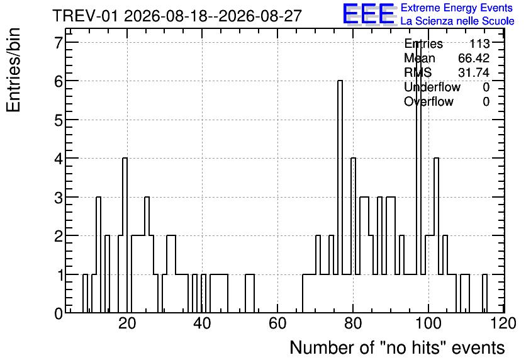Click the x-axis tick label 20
point(127,323)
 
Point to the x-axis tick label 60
point(277,323)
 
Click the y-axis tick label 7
point(59,42)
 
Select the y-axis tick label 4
point(59,159)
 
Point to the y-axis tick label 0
point(59,313)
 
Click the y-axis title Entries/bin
point(14,70)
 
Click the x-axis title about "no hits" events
point(397,347)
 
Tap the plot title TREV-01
point(85,16)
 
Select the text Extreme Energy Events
point(457,8)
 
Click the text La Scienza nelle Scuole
point(457,21)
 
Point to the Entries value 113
point(479,43)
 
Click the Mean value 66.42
point(474,58)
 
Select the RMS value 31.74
point(474,72)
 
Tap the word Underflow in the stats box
point(432,87)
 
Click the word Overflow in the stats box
point(428,101)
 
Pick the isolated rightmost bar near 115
point(484,293)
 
